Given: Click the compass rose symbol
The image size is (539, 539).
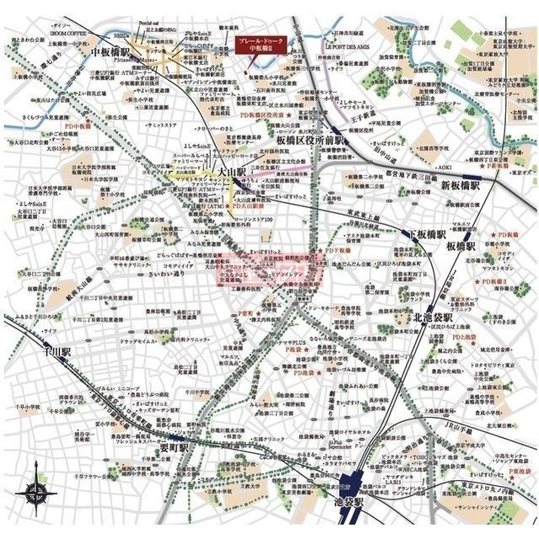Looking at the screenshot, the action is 38,493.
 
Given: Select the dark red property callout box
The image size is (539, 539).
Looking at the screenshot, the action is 260,45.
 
